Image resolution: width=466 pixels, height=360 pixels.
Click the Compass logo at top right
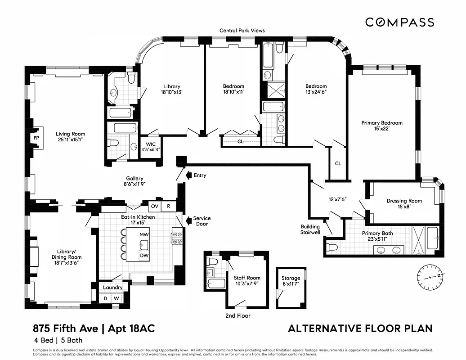click(x=399, y=22)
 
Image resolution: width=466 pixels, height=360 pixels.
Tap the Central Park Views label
click(x=242, y=31)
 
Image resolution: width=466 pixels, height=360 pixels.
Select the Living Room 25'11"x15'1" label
click(x=70, y=136)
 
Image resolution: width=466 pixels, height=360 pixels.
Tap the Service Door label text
click(x=202, y=221)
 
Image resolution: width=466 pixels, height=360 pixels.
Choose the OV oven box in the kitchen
click(x=155, y=206)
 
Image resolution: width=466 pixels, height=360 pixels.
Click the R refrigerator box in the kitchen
click(x=168, y=206)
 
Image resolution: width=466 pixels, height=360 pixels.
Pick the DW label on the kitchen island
click(x=144, y=255)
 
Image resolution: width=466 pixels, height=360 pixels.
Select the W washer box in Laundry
click(x=116, y=298)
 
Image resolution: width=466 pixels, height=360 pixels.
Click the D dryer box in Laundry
click(x=106, y=298)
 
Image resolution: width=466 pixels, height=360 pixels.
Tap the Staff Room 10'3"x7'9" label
click(x=246, y=281)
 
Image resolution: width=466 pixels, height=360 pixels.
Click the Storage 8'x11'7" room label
click(x=291, y=281)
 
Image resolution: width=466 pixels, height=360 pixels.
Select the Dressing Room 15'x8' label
click(x=404, y=203)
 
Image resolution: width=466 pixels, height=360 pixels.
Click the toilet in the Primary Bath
click(x=332, y=247)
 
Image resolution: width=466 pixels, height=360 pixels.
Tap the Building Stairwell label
click(x=310, y=229)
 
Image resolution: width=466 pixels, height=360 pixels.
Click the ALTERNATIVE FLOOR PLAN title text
click(x=360, y=328)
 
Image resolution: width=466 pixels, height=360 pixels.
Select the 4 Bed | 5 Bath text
click(x=57, y=341)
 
